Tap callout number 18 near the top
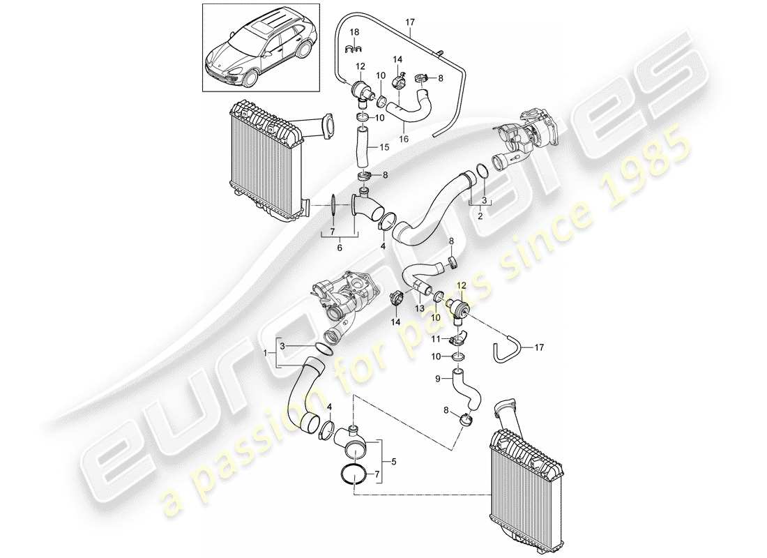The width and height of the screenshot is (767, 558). (354, 33)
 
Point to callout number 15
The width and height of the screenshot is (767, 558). (385, 147)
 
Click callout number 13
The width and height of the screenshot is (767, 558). (419, 308)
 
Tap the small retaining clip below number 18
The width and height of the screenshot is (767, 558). (354, 48)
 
